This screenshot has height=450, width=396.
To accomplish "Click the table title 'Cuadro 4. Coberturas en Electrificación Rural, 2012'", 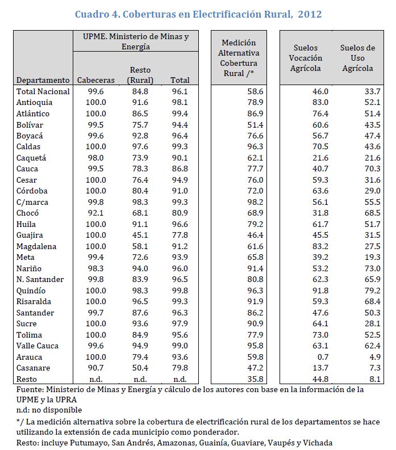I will click(198, 14).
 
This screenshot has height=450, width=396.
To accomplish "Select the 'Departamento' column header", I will click(43, 80).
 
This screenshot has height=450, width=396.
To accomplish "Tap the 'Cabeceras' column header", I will click(95, 80).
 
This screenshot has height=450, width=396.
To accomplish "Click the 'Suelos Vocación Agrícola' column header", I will click(305, 58).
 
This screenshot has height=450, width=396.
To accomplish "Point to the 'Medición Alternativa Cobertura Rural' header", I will click(239, 58).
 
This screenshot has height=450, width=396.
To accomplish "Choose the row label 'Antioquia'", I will click(35, 102).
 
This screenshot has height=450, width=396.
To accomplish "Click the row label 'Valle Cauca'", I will click(37, 346).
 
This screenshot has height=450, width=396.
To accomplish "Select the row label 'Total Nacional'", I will click(43, 91).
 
